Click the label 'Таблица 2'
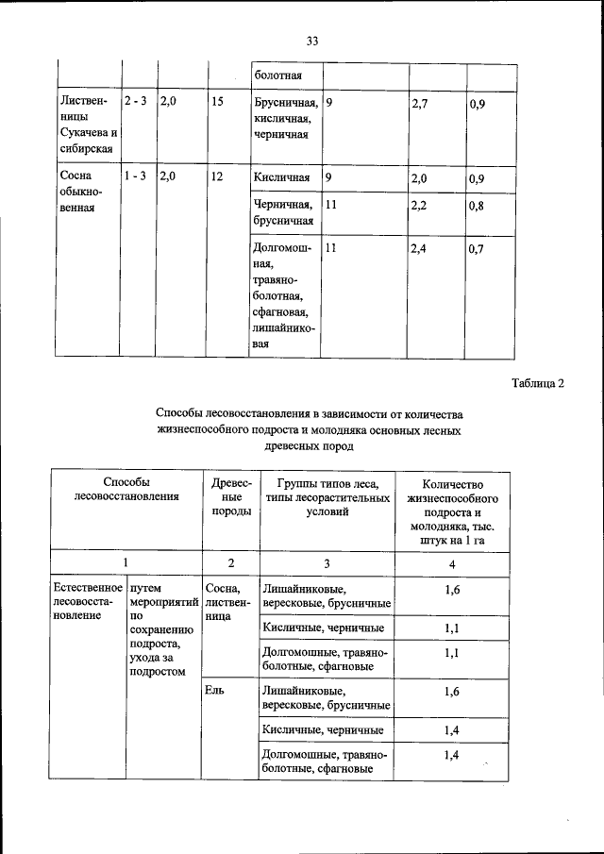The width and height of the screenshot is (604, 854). [x=538, y=383]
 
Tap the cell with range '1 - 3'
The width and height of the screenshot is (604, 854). [x=135, y=176]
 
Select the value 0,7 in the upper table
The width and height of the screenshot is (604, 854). [x=477, y=250]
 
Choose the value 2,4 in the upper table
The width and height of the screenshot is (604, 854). [x=420, y=250]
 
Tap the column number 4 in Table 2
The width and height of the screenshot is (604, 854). [x=452, y=563]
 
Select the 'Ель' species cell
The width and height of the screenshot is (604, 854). [x=214, y=692]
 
